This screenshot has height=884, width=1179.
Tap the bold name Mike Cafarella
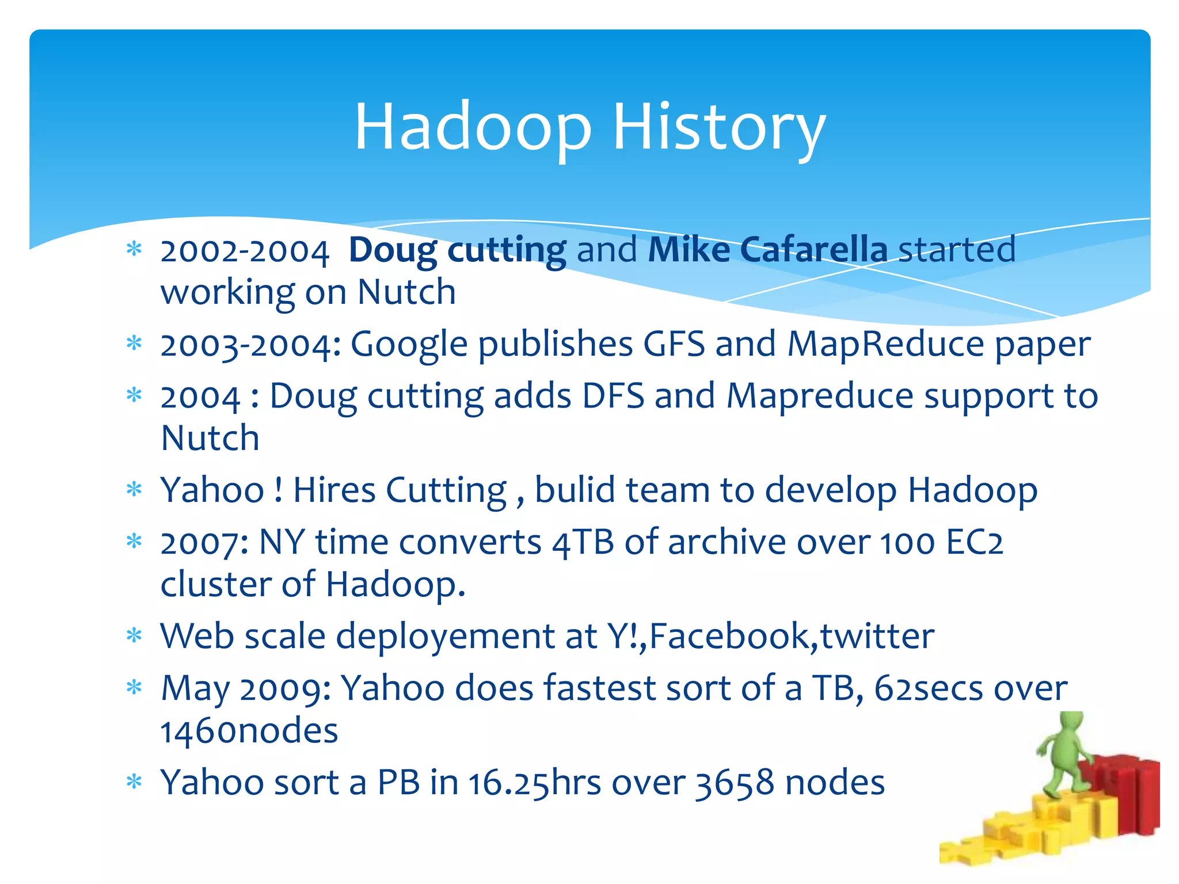tap(767, 250)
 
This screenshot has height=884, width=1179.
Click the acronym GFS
tap(674, 344)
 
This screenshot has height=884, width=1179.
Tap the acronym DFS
tap(613, 397)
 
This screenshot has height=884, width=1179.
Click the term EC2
tap(974, 543)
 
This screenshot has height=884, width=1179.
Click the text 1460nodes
tap(249, 731)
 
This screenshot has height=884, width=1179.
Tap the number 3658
tap(734, 783)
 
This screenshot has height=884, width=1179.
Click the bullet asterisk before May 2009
tap(134, 688)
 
